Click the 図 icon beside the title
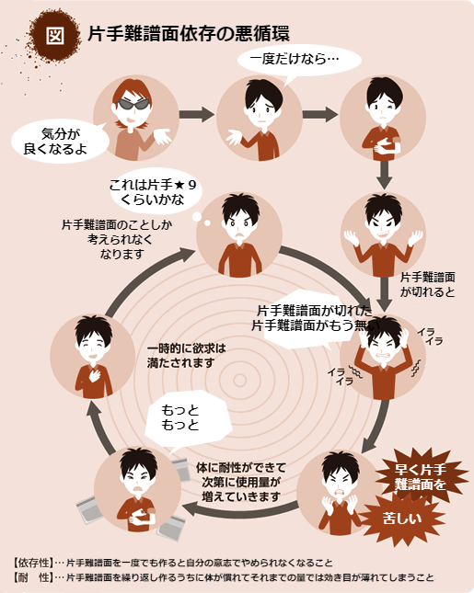55,36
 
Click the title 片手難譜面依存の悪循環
189,34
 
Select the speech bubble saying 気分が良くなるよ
58,141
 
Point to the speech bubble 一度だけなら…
299,61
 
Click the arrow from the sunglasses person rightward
196,114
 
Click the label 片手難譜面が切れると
427,284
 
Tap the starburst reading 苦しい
402,519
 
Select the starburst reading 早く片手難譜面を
421,477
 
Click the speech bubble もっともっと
186,419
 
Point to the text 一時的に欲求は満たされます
186,356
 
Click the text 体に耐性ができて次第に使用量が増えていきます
241,482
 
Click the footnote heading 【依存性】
32,563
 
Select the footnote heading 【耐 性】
32,577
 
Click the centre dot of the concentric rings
239,380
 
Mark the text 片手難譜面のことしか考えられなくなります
118,239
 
